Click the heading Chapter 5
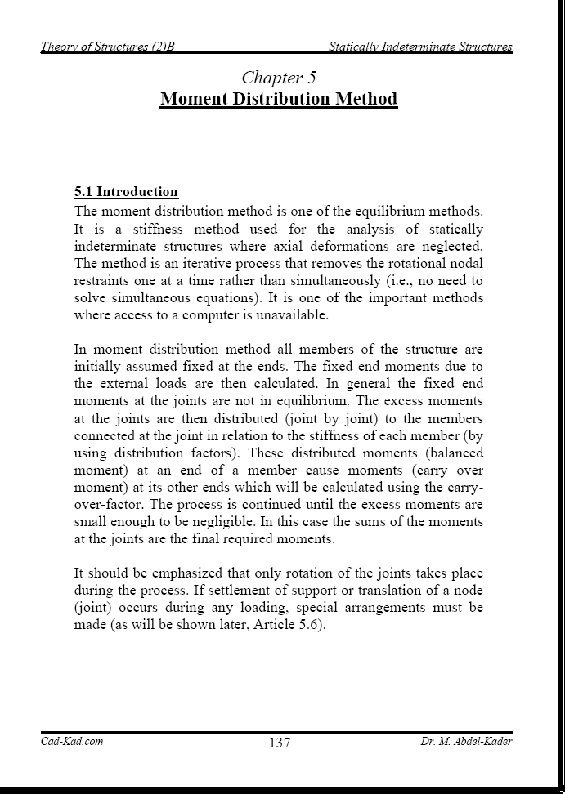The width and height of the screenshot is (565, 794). coord(279,78)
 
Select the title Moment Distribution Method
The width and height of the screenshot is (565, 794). coord(279,100)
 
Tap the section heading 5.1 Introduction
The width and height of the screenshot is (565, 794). coord(126,192)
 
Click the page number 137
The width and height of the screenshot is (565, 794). coord(279,743)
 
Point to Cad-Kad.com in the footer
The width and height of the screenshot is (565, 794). coord(72,742)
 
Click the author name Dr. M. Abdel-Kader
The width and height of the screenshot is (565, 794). coord(466,742)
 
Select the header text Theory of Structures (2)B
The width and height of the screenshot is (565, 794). coord(108,47)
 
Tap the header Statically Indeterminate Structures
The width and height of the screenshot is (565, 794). coord(420,47)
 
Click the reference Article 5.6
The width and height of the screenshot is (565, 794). coord(291,624)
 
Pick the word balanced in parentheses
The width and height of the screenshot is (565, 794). coord(451,453)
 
